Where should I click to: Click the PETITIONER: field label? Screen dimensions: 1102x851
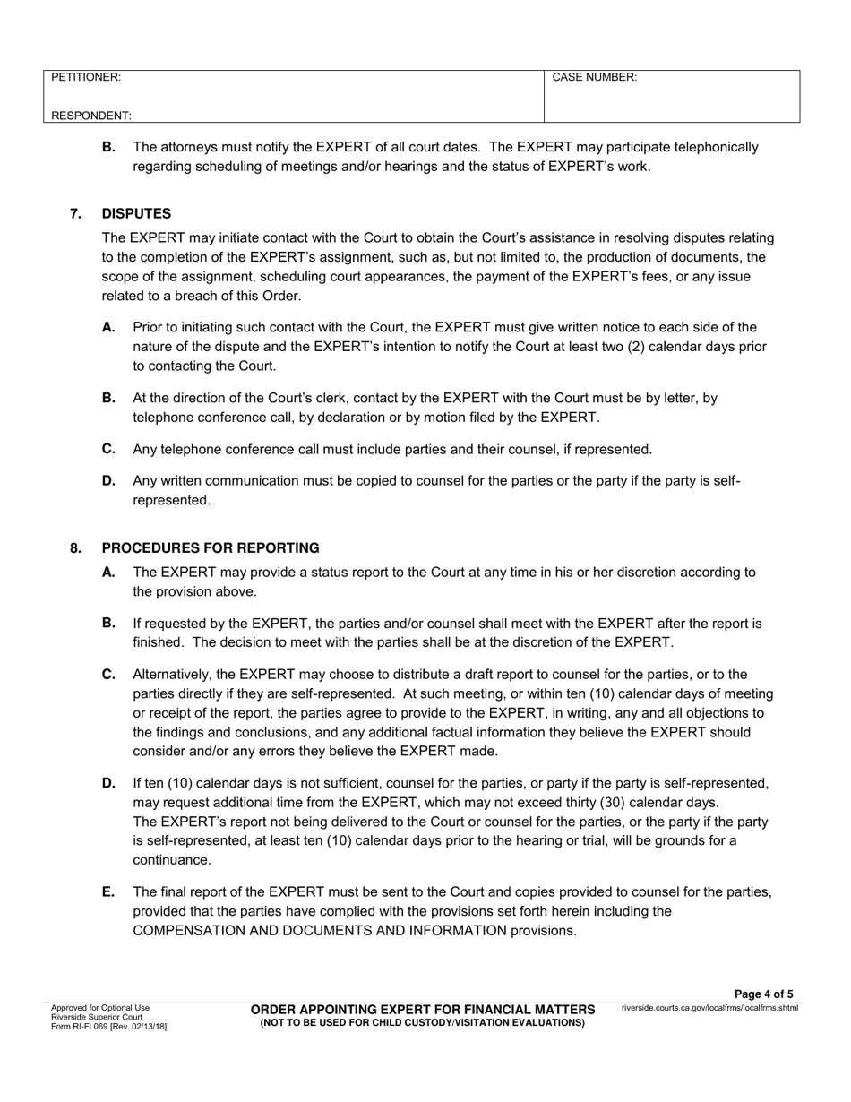(x=86, y=78)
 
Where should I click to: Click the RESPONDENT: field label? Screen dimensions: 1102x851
(x=91, y=116)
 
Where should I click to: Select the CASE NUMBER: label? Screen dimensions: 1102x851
(x=595, y=78)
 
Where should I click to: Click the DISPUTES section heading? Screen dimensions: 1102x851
(x=136, y=213)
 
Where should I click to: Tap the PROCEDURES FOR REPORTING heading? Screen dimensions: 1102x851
(x=211, y=547)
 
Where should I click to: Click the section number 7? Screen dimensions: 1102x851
(x=76, y=213)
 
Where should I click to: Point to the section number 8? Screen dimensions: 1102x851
(x=76, y=547)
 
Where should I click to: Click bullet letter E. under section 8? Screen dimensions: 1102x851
(x=108, y=891)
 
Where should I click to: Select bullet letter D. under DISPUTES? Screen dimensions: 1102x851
(x=108, y=480)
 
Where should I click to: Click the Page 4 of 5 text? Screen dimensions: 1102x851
(x=763, y=994)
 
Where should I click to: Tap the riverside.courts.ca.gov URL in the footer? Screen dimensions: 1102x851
(x=709, y=1008)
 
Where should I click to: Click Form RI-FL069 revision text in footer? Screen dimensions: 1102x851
(x=108, y=1026)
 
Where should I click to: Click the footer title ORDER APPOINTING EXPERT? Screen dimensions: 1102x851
(x=422, y=1010)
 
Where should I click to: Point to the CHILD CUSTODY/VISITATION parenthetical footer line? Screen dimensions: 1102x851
(x=422, y=1022)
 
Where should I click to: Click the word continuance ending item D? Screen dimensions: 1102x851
(x=172, y=860)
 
